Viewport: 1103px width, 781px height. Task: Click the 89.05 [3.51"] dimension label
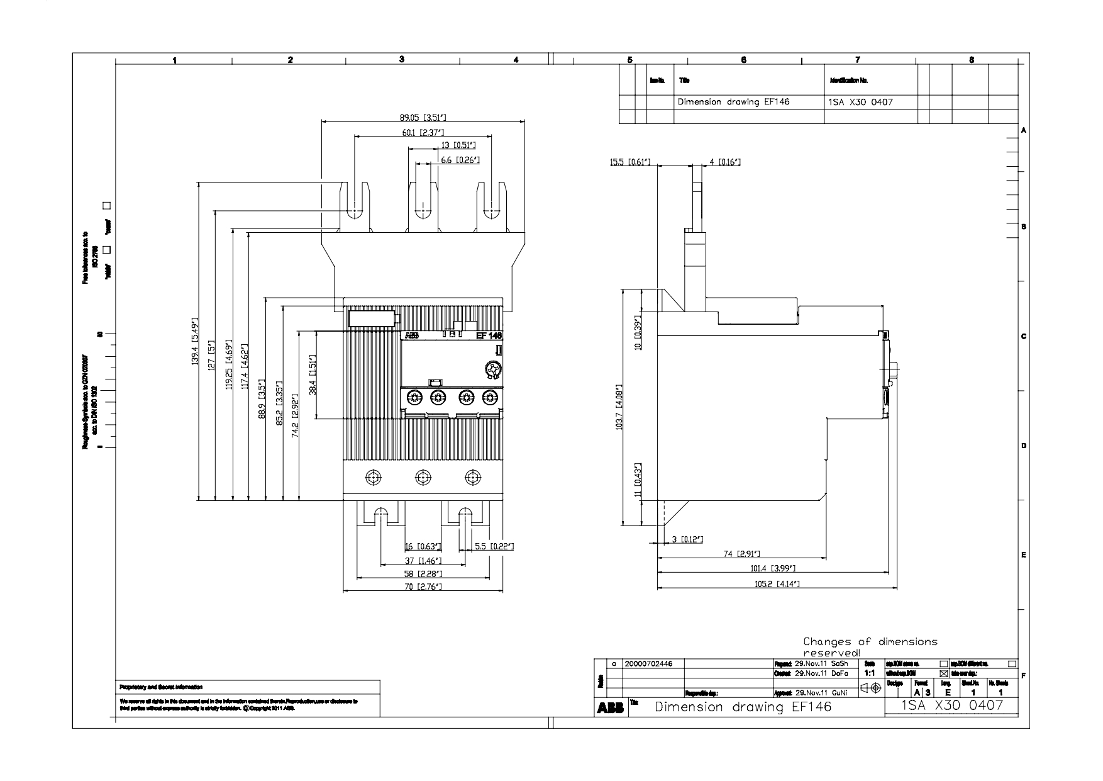[423, 117]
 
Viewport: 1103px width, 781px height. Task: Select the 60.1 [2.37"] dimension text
[423, 132]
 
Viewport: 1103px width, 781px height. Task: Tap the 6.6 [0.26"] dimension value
[460, 160]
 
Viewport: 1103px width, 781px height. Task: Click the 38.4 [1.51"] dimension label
[313, 374]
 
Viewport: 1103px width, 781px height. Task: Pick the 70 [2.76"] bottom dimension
[423, 587]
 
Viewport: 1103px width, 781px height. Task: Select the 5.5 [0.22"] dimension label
[494, 546]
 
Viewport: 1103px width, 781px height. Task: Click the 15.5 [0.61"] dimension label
[625, 162]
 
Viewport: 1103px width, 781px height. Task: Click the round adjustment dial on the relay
[492, 369]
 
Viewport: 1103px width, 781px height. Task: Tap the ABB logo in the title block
[610, 709]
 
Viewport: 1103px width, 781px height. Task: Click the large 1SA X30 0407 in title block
[951, 706]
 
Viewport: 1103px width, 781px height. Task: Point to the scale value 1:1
[870, 673]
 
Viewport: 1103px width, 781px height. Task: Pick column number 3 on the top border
[401, 59]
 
